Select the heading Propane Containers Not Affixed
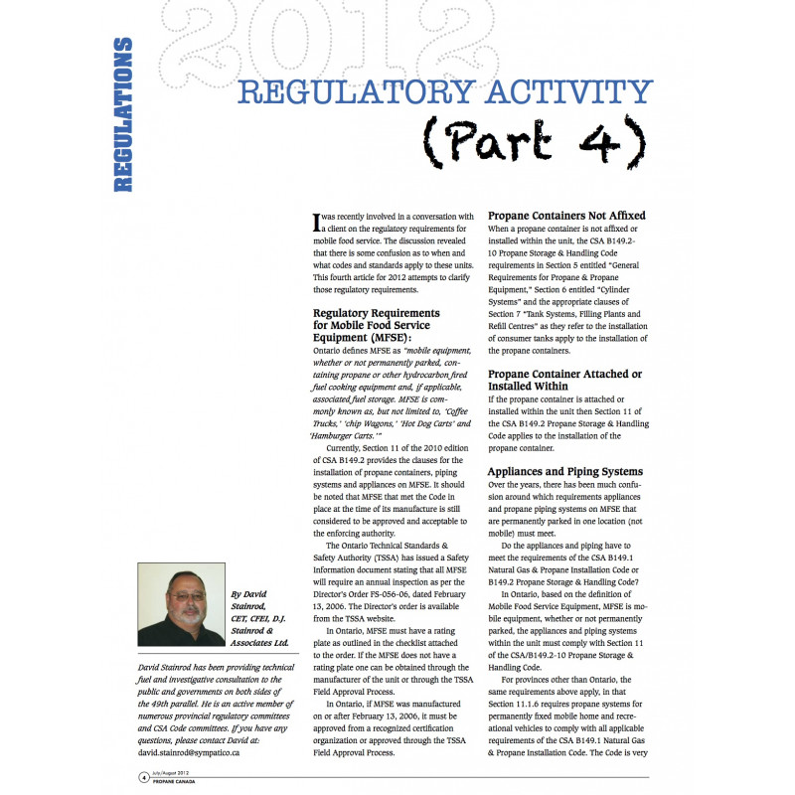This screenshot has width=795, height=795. [x=566, y=215]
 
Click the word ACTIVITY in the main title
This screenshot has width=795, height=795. [x=557, y=93]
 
